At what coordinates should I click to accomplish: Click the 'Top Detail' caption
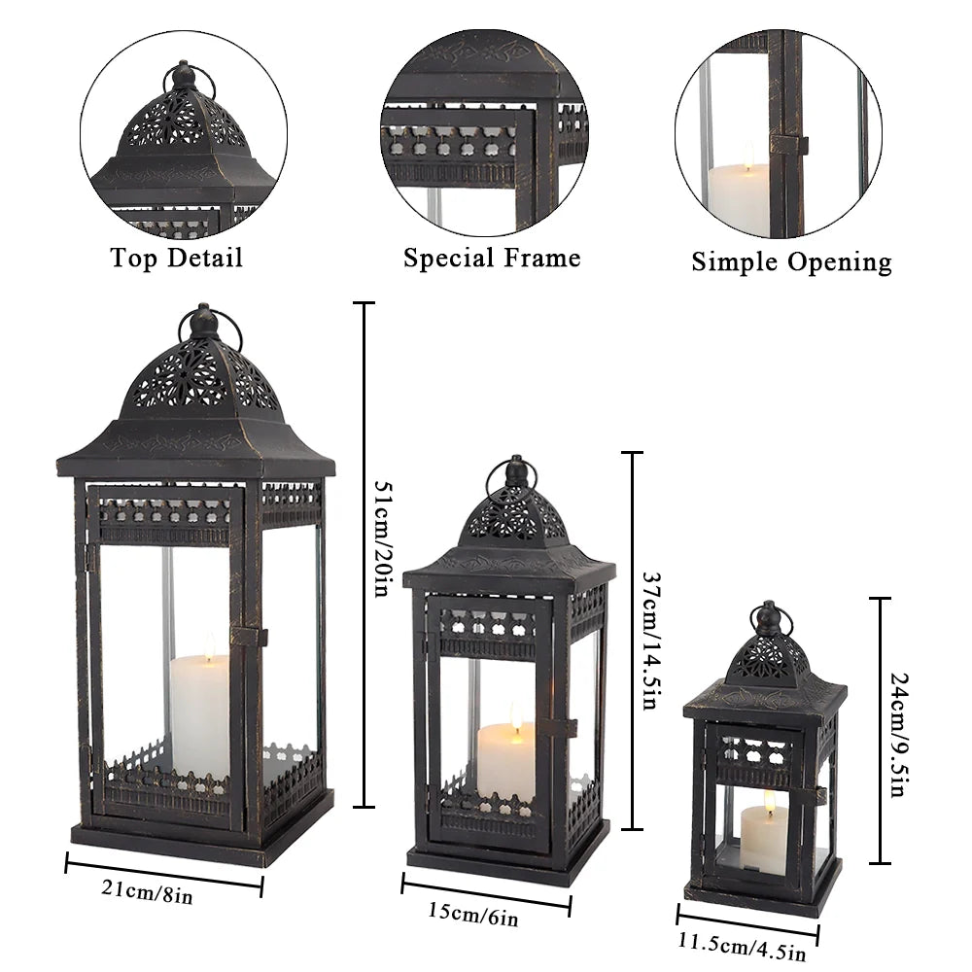(176, 258)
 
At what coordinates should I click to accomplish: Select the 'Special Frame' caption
(492, 259)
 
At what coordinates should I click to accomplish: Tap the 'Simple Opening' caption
(791, 261)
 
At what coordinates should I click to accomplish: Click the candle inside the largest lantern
(201, 714)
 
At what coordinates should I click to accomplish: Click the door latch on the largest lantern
(249, 636)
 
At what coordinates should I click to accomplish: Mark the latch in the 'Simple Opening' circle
(790, 145)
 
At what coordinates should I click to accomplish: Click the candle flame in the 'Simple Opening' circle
(748, 153)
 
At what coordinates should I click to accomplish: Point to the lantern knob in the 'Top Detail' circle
(181, 77)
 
